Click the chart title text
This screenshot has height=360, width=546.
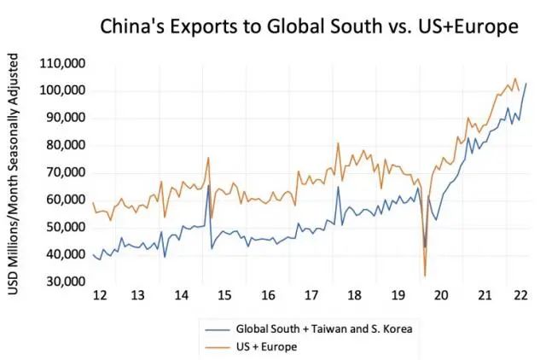(x=310, y=27)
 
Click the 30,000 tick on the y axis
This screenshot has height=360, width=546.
(x=63, y=282)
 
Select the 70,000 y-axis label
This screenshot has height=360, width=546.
(x=63, y=172)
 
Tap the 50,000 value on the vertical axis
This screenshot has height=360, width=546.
(x=63, y=227)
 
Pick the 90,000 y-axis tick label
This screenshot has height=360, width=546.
(x=63, y=118)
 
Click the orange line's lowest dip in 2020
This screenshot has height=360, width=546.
(x=424, y=275)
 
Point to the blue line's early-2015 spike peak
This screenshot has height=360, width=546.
(x=209, y=185)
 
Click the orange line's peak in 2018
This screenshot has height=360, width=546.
(x=339, y=143)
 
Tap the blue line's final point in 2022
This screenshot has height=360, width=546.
(x=526, y=84)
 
